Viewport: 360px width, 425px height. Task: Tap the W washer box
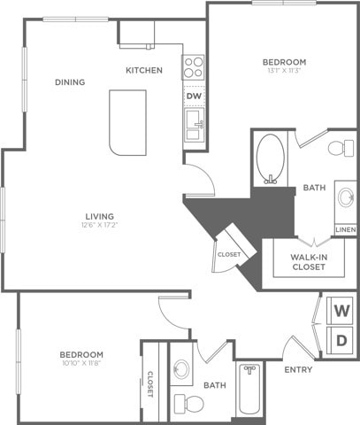[x=341, y=312]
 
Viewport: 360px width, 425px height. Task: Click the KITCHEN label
[x=143, y=70]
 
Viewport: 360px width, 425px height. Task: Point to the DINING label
[x=70, y=82]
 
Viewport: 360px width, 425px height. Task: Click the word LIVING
[x=99, y=216]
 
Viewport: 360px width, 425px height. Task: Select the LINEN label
[x=345, y=229]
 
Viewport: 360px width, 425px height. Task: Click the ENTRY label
[x=297, y=370]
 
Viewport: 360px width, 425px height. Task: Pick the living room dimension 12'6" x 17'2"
[x=99, y=226]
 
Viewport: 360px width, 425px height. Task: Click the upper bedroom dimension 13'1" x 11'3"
[x=284, y=71]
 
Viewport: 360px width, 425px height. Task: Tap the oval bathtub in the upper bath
[x=270, y=159]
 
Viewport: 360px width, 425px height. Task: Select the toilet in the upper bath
[x=339, y=149]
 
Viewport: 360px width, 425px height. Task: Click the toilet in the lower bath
[x=188, y=405]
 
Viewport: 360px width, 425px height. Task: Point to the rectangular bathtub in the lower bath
[x=249, y=395]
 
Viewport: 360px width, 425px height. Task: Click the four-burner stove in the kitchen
[x=194, y=66]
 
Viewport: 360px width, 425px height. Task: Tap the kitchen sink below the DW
[x=194, y=124]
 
